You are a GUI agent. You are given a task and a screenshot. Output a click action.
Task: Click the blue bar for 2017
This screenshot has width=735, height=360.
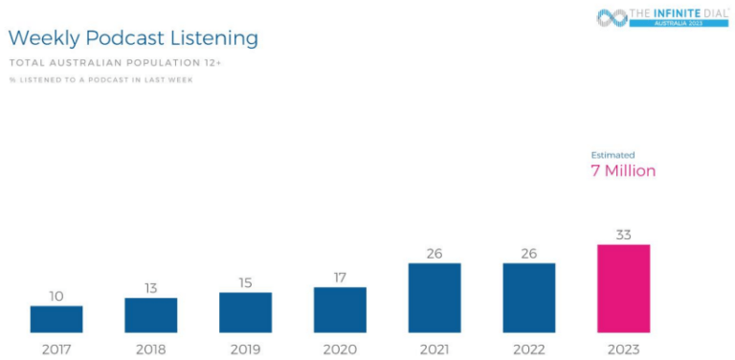click(x=56, y=319)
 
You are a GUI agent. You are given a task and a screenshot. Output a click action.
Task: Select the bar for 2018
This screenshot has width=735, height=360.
click(x=150, y=315)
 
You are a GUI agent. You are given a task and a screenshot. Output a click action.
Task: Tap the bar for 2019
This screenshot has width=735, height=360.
click(x=245, y=312)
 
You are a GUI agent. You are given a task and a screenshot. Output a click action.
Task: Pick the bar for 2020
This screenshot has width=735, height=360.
click(x=340, y=309)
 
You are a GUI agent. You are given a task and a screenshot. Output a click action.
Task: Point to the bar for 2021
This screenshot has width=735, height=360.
click(x=434, y=298)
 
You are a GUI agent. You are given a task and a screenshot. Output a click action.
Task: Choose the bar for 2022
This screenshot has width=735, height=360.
click(x=529, y=298)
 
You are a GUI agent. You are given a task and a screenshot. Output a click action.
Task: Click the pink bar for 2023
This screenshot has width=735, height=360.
click(x=623, y=288)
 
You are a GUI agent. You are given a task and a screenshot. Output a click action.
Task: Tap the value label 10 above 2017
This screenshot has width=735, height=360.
click(x=56, y=296)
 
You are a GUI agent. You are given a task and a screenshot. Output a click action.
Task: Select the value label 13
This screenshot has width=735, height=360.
click(x=150, y=288)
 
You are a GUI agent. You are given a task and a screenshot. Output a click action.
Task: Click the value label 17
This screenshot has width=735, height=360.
click(x=340, y=278)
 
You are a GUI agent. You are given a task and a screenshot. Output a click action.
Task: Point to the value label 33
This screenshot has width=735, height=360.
click(x=623, y=235)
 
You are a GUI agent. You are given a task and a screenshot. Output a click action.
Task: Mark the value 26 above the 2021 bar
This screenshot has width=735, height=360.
click(x=434, y=254)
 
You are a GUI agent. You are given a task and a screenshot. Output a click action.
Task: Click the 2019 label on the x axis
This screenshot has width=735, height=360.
click(x=245, y=349)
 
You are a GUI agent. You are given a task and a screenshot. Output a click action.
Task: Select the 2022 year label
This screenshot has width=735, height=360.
click(x=529, y=349)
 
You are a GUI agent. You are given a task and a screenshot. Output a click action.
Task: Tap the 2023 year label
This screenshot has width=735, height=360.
click(x=623, y=349)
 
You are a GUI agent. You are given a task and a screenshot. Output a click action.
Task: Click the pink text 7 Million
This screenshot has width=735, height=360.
click(x=622, y=171)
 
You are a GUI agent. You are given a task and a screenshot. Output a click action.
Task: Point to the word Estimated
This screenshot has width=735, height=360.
click(x=612, y=155)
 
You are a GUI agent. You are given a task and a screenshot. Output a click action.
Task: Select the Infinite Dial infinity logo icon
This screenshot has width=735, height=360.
click(x=612, y=17)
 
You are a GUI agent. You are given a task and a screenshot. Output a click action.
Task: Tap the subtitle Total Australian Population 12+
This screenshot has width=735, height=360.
click(x=115, y=62)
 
